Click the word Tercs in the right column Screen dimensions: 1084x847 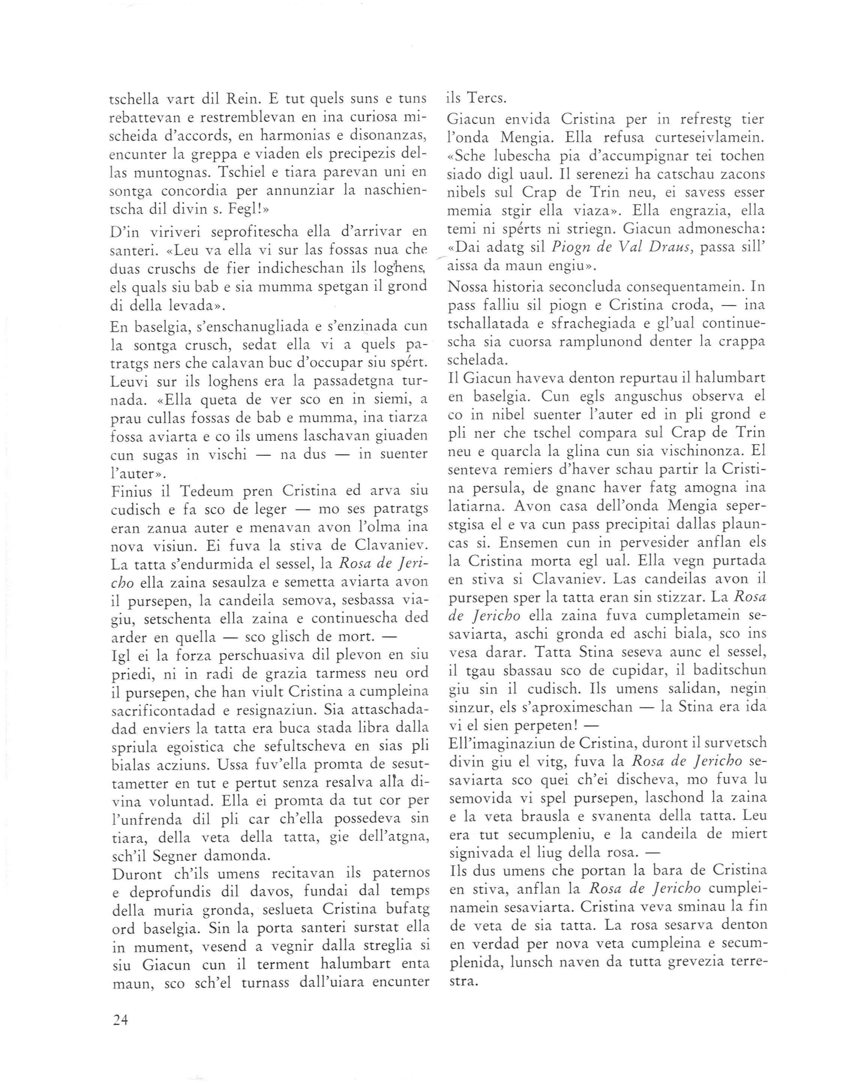point(483,98)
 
